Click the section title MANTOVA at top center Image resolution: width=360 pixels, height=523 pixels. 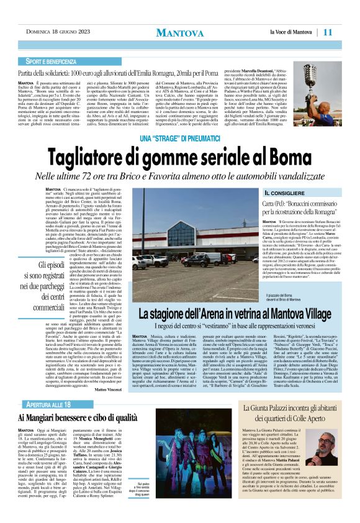[x=180, y=32]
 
